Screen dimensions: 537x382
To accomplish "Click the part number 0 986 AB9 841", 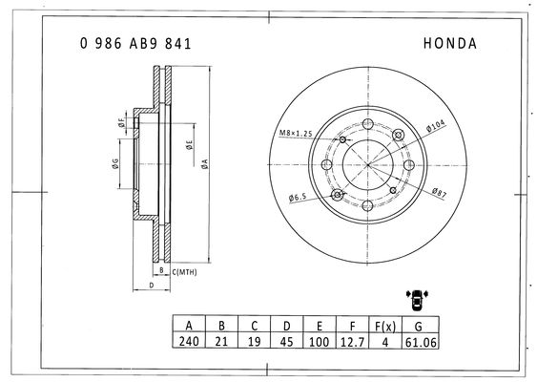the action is coord(135,44).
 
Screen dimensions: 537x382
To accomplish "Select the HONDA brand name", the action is coord(449,44).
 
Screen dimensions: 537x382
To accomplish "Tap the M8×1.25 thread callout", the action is coord(296,133).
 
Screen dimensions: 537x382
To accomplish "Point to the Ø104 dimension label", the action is coord(435,126).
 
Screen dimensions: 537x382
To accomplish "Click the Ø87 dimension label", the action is coord(439,193).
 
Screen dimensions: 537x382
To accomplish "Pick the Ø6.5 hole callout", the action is coord(298,198).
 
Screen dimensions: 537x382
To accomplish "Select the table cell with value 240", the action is coord(189,341).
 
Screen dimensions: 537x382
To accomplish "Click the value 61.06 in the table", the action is coord(421,342).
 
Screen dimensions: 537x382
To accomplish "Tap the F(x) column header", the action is coord(385,326).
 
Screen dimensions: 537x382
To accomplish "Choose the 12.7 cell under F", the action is coord(352,342).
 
